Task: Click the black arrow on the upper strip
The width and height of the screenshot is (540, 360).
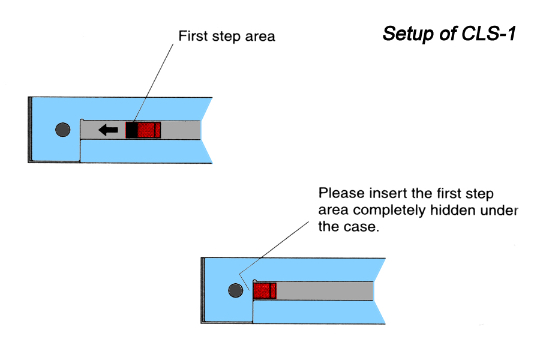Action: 109,130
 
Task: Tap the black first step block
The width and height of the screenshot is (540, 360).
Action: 131,130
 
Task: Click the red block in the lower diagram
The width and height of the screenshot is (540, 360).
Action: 264,291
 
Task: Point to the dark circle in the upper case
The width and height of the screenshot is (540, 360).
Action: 62,130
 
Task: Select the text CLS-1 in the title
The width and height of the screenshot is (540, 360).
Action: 488,33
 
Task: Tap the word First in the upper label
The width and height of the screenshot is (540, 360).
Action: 191,37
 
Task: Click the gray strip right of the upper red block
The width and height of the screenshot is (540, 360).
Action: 180,130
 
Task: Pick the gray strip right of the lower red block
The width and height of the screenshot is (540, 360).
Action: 324,291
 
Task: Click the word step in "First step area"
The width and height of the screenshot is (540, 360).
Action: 224,37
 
